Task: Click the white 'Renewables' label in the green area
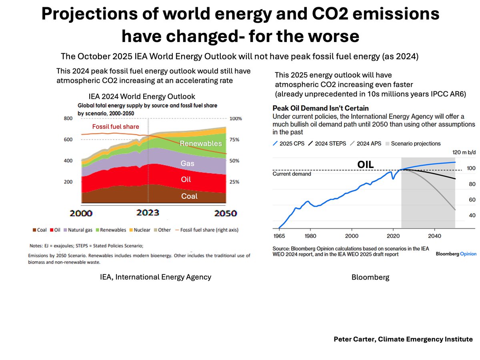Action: [200, 143]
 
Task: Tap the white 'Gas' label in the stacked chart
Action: [188, 163]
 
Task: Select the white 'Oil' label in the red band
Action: [186, 180]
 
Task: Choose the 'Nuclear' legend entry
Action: [140, 230]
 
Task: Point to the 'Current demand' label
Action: [291, 174]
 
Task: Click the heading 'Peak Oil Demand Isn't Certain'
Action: [320, 108]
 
